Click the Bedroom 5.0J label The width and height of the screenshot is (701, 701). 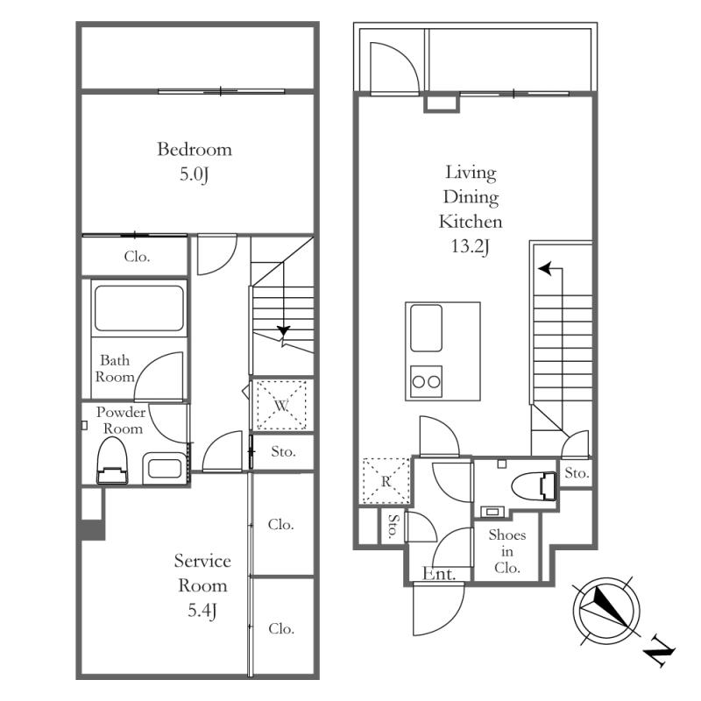(195, 161)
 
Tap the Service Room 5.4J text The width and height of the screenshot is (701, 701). (202, 585)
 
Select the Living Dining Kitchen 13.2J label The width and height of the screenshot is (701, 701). (471, 209)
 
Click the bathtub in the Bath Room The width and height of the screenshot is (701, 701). (139, 308)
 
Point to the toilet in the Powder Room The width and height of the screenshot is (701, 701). (112, 461)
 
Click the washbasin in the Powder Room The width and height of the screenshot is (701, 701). (165, 469)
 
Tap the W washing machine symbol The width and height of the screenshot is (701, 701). (281, 406)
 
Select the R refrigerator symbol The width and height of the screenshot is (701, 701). (386, 481)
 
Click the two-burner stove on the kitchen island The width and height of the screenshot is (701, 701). (426, 381)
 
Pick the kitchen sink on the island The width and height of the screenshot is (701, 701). (426, 328)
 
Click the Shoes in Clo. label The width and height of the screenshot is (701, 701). (507, 551)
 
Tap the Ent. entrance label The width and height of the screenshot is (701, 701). (439, 574)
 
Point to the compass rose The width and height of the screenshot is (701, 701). (606, 610)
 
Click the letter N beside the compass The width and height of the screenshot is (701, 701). (659, 655)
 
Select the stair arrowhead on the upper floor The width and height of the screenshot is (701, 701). (544, 269)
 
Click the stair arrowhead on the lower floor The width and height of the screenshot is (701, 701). (283, 331)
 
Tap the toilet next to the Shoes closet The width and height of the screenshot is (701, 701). (534, 486)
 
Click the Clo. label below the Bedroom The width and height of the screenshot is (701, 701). (137, 257)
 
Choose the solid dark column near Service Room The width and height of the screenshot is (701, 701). (93, 529)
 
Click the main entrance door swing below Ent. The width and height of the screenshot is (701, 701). (439, 608)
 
